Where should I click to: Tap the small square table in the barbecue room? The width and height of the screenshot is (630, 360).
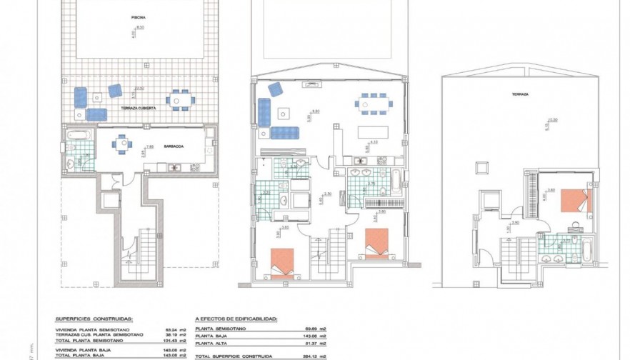tap(122, 144)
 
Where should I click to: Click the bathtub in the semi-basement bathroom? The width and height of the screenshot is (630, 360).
tap(77, 134)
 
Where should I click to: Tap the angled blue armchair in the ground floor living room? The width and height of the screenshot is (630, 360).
tap(274, 89)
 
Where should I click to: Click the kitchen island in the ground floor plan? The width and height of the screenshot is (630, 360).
tap(373, 133)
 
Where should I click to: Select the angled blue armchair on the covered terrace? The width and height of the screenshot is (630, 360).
tap(114, 90)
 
